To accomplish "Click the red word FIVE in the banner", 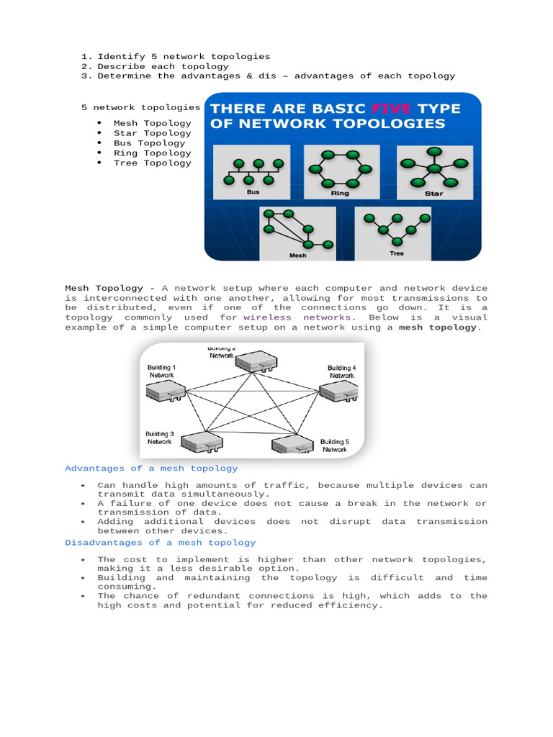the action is click(391, 109).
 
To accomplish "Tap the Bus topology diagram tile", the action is click(251, 172).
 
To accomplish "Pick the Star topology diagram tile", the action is click(434, 171).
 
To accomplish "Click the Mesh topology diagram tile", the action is click(297, 233).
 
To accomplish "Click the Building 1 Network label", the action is click(161, 371).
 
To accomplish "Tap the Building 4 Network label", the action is click(341, 371).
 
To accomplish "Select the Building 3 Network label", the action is click(160, 438).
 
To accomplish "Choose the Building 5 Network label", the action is click(334, 446).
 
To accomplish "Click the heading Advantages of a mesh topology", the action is click(151, 468).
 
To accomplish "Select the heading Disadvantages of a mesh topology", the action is click(160, 542).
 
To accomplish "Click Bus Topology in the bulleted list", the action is click(149, 143).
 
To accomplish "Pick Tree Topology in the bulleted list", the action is click(152, 163).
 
